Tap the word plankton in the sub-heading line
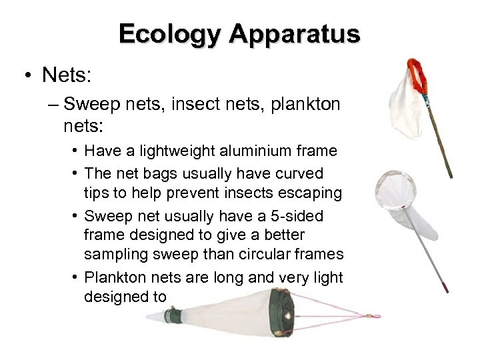click(308, 105)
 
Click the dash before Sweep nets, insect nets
click(55, 105)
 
